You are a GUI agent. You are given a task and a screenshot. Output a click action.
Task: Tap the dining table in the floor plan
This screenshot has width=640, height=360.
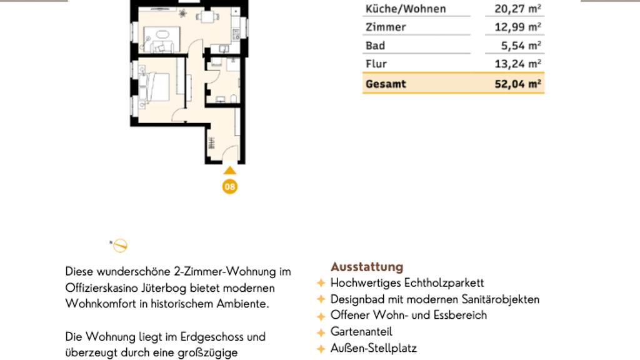click(207, 17)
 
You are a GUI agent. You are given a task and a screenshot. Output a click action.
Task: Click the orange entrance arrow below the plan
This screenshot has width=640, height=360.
click(230, 170)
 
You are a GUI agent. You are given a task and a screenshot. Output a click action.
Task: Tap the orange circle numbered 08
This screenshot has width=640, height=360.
click(230, 187)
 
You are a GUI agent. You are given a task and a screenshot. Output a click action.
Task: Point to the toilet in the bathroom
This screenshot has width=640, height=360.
click(234, 98)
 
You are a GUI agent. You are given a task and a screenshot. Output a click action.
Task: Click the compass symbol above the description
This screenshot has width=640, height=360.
click(120, 246)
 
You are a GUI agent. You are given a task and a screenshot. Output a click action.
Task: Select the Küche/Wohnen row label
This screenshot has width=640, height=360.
click(406, 9)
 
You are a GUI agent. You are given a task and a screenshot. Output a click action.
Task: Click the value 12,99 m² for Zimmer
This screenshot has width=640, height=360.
click(517, 27)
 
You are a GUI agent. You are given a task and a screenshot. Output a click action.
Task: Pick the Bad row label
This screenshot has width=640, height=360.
click(375, 46)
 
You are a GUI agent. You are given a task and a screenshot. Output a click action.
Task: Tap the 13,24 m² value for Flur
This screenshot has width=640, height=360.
click(517, 64)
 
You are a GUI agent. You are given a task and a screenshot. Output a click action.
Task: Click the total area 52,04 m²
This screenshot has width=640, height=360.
click(517, 84)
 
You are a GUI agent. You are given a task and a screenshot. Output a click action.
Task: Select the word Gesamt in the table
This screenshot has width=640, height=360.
click(386, 84)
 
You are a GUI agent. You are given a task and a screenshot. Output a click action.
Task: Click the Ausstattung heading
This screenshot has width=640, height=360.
click(367, 267)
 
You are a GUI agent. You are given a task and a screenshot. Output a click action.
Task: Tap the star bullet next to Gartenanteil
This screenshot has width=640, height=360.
click(321, 332)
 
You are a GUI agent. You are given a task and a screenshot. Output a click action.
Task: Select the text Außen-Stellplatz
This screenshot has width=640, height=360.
click(374, 348)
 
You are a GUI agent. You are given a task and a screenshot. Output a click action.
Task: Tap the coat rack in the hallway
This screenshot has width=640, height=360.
click(211, 143)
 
